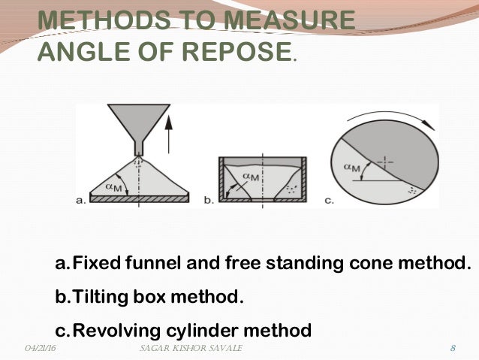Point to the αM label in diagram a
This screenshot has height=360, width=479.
[x=113, y=186]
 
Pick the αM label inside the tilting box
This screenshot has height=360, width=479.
[x=251, y=177]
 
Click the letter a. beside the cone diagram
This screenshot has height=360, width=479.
[x=83, y=199]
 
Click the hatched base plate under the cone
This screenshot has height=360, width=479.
[x=139, y=198]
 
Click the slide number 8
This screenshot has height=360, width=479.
[x=453, y=349]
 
